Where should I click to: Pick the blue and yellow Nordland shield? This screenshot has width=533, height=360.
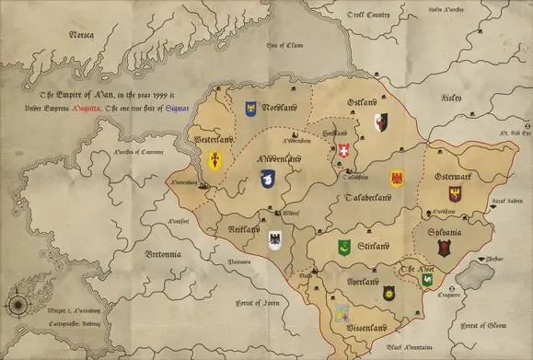[249, 108]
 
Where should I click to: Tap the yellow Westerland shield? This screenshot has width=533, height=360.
[214, 161]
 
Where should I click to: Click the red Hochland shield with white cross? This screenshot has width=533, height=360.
[345, 149]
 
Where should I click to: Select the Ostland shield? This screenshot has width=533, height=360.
[381, 122]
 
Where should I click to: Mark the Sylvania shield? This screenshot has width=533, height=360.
[445, 247]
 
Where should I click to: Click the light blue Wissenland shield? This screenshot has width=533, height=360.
[342, 311]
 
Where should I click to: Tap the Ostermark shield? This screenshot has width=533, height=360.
[455, 193]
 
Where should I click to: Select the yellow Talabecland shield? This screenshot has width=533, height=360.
[398, 178]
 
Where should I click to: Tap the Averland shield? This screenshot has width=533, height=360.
[389, 293]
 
